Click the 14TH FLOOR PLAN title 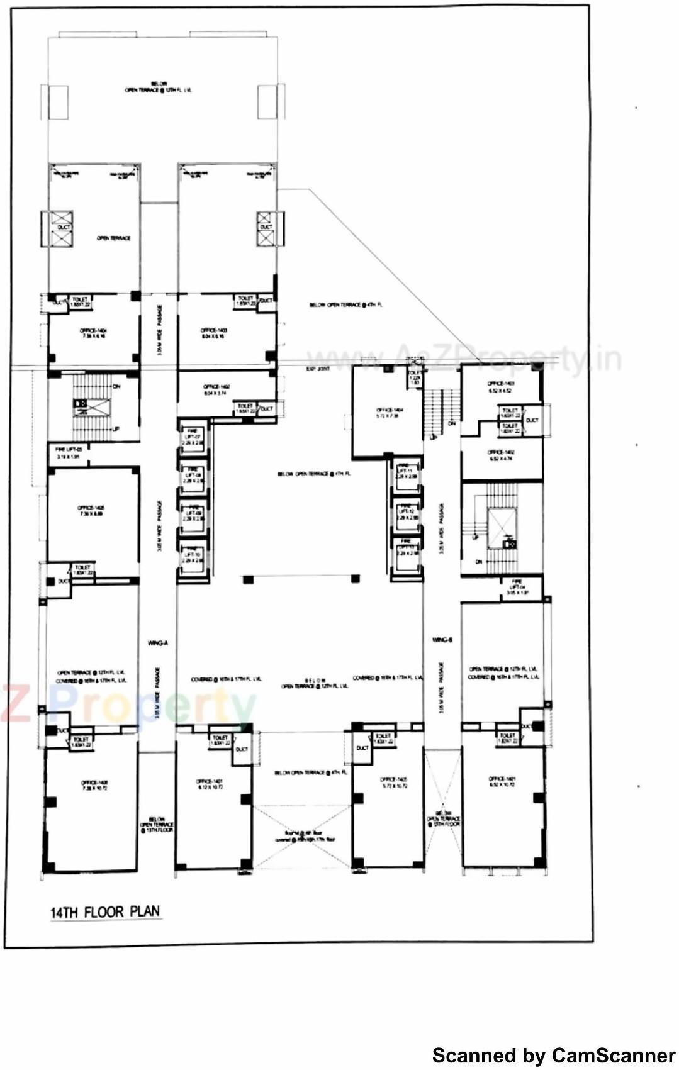pyautogui.click(x=106, y=911)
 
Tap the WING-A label pyautogui.click(x=157, y=643)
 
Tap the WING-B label pyautogui.click(x=442, y=640)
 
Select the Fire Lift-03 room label pyautogui.click(x=69, y=453)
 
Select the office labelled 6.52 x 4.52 pyautogui.click(x=501, y=387)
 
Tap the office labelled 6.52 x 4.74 pyautogui.click(x=501, y=455)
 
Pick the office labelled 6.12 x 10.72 pyautogui.click(x=209, y=784)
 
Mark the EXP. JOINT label pyautogui.click(x=318, y=369)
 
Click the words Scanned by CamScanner pyautogui.click(x=554, y=1055)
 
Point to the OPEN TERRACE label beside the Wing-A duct pyautogui.click(x=114, y=238)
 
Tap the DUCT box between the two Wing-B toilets pyautogui.click(x=532, y=420)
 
